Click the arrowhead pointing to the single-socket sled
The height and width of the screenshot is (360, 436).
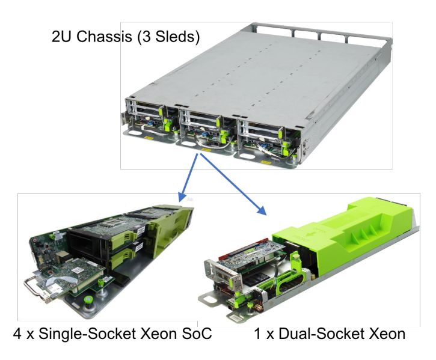pyautogui.click(x=182, y=197)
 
